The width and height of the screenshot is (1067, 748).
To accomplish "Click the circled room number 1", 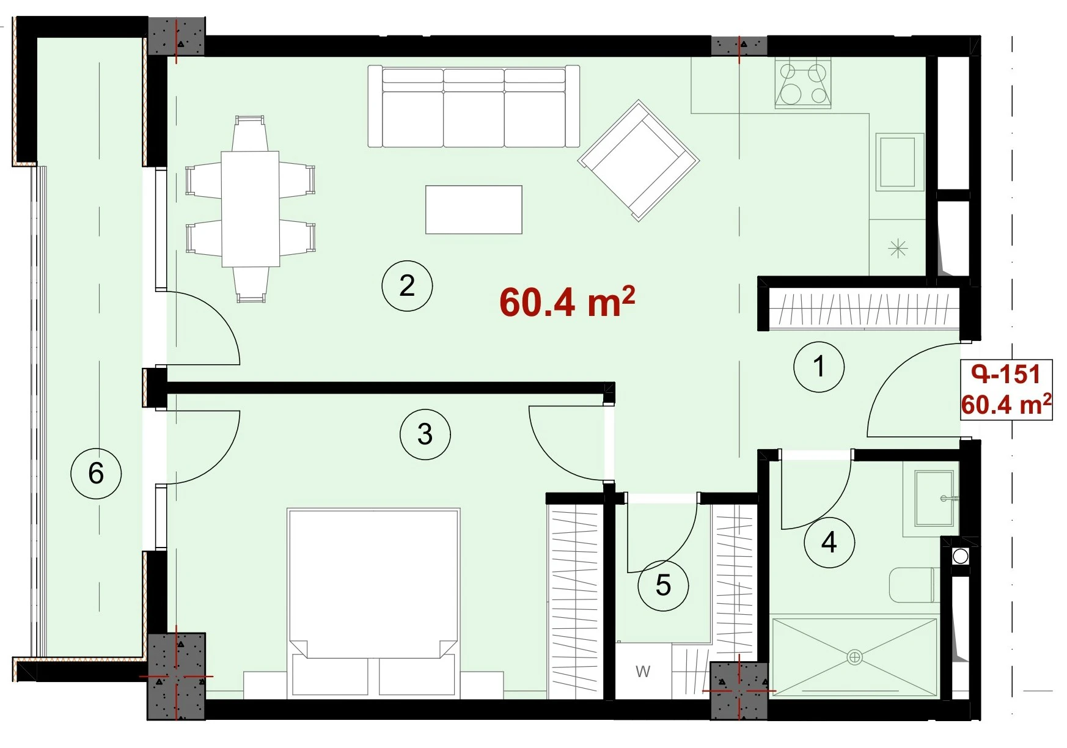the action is point(819,367).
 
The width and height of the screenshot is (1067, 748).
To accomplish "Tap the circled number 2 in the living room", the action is point(407,286).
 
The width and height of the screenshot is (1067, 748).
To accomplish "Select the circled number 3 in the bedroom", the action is point(425,435).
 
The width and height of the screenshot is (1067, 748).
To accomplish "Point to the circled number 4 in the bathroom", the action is point(829,542).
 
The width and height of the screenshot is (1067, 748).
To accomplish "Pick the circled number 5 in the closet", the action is point(663,585).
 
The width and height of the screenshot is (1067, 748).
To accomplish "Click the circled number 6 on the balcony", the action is point(96,473).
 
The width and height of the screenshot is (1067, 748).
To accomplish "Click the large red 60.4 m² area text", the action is point(567,301).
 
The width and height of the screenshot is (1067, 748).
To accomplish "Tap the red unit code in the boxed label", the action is point(1006,374).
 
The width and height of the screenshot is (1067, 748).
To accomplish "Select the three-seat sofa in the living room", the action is point(474,106).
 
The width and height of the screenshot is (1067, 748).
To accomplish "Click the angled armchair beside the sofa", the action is point(639,160).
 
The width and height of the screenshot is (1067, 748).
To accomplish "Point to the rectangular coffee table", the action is point(474,210).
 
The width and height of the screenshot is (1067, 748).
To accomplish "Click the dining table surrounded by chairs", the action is point(251,209).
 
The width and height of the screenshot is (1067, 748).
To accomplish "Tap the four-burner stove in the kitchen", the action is point(804,83).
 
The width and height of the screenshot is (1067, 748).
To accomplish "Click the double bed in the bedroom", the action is point(373,602).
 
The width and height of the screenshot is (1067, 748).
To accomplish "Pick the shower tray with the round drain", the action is point(854,657).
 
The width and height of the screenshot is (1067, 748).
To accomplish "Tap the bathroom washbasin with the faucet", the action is point(934,498).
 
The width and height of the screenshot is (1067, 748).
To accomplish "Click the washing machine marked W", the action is point(642,671).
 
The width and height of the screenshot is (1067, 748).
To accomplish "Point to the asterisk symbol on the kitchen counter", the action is point(898,248).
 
